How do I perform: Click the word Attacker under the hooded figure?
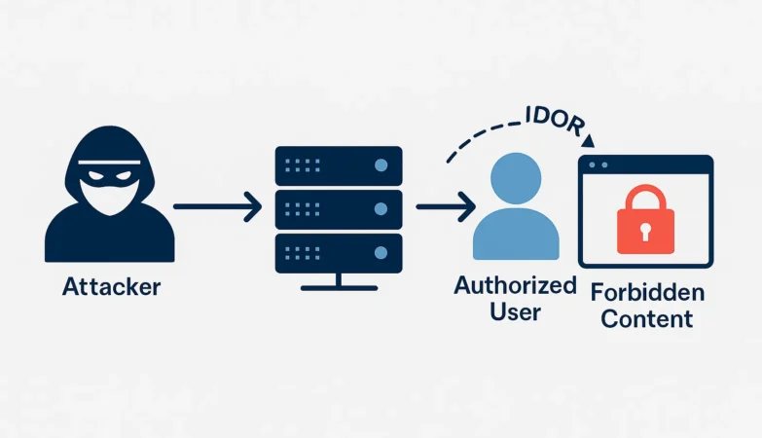coord(110,287)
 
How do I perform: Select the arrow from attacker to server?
coord(217,206)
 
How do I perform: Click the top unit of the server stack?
coord(338,165)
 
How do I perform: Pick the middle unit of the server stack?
coord(338,208)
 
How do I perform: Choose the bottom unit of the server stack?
coord(338,251)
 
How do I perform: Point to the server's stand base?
coord(338,287)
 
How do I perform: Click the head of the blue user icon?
coord(516,176)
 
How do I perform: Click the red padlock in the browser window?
coord(646,223)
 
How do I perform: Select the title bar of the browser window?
coord(646,164)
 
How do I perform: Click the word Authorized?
coord(515,286)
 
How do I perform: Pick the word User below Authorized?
coord(515,311)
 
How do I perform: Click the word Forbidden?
coord(646,293)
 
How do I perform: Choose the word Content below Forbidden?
coord(646,318)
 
